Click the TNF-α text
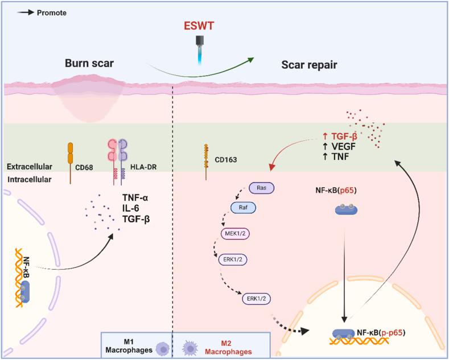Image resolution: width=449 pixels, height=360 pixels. (x=137, y=197)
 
